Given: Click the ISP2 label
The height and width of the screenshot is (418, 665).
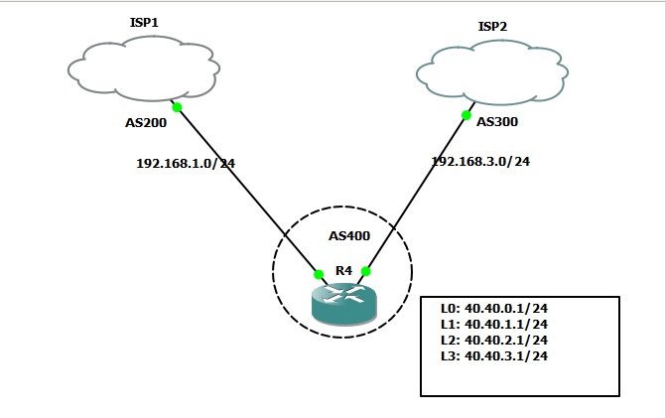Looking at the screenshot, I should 492,27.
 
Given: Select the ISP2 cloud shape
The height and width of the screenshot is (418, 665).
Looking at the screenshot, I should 493,70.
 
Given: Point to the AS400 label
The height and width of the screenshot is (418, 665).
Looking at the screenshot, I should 349,237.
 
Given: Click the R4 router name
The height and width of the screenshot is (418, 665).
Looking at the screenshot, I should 342,269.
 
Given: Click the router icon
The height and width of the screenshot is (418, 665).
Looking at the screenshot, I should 342,304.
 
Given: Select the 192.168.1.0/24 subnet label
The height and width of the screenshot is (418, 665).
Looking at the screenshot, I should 185,162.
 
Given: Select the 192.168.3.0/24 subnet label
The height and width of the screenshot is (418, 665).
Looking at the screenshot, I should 480,161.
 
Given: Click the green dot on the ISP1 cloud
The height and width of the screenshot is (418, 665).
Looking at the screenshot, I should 176,106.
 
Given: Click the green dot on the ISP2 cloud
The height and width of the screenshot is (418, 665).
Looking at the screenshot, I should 465,115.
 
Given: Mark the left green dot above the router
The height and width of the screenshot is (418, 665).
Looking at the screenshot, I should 319,273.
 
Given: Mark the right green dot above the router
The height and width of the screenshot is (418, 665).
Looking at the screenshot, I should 365,271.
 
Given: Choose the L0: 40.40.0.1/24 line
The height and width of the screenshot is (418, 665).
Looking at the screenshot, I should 494,309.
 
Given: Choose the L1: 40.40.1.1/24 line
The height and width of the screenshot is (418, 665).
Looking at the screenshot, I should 494,324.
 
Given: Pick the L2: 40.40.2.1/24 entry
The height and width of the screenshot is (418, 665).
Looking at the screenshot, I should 494,340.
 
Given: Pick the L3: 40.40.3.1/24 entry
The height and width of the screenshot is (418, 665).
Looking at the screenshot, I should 494,355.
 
